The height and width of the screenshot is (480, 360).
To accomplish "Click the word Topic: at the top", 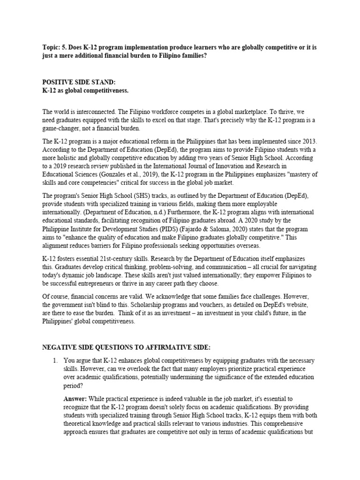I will coord(51,46).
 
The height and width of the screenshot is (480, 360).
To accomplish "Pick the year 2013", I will coord(309,141).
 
